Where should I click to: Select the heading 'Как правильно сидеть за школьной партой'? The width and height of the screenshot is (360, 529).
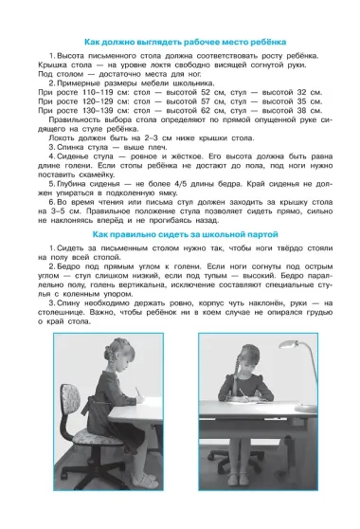click(179, 233)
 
